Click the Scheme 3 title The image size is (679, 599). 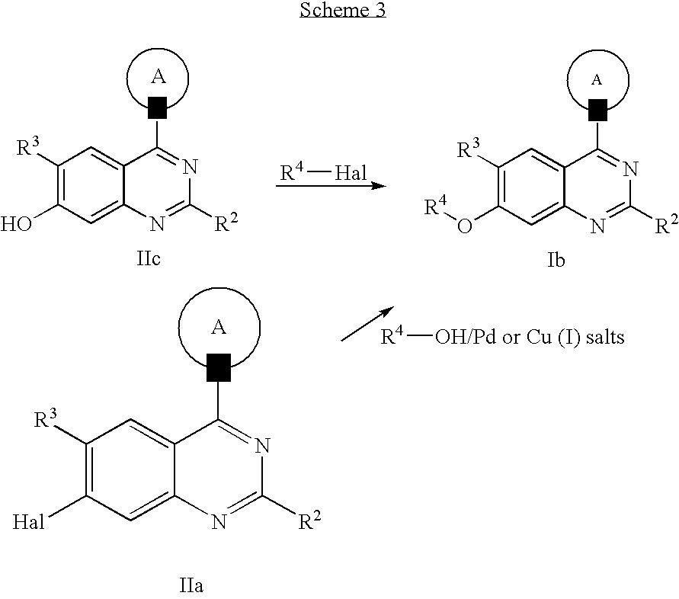(343, 11)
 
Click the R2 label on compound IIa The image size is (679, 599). (309, 522)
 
